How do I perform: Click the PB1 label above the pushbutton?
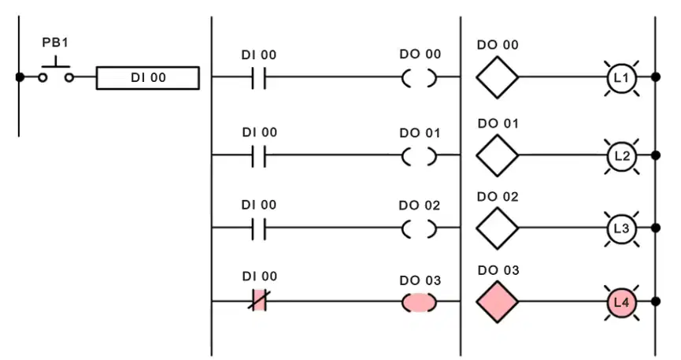point(55,43)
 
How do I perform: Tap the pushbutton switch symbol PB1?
point(56,72)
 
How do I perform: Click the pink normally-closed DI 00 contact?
point(259,300)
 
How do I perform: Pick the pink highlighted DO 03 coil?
point(419,302)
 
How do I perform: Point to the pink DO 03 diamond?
point(498,302)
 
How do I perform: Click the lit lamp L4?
point(621,302)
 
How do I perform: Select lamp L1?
point(621,78)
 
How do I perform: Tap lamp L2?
point(621,156)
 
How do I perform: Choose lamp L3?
point(621,228)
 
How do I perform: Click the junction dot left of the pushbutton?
point(20,77)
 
